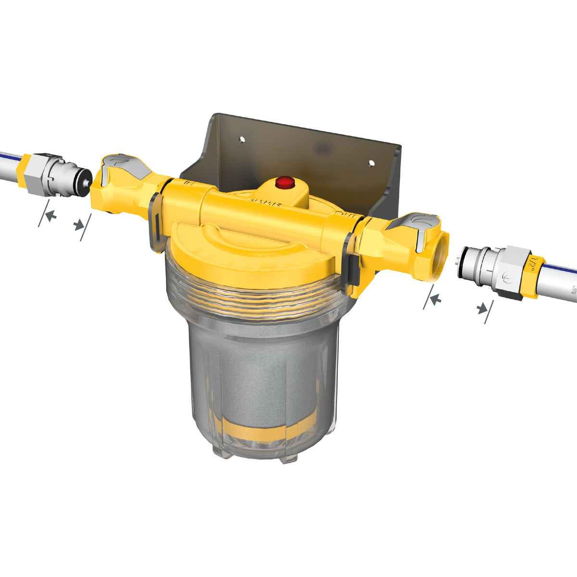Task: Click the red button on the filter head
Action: (x=285, y=182)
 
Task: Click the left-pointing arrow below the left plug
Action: (x=50, y=217)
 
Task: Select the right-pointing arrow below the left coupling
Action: (x=79, y=225)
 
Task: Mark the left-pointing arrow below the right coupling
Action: (x=436, y=300)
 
